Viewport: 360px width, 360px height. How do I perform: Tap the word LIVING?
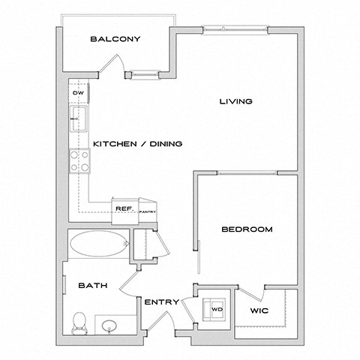[x=235, y=101]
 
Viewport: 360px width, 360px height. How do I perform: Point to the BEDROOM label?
[x=247, y=229]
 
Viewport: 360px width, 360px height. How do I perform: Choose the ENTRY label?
[x=161, y=302]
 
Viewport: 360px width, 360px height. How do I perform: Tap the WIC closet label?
[x=259, y=308]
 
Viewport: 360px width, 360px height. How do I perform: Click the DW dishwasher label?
[x=77, y=93]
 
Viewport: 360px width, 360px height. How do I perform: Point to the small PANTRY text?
[x=148, y=213]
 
